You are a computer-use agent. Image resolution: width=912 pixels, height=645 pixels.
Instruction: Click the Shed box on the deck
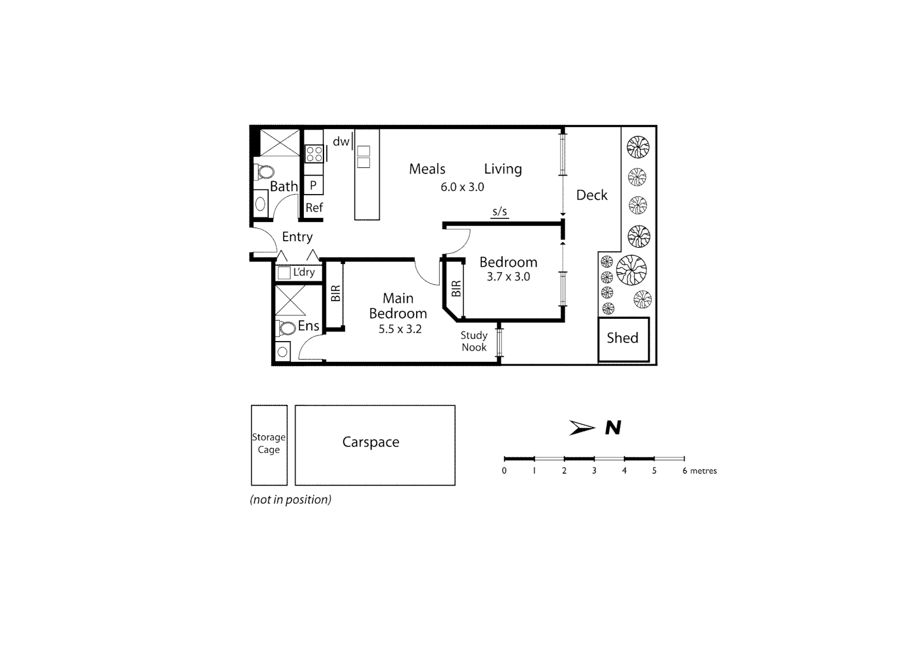click(623, 339)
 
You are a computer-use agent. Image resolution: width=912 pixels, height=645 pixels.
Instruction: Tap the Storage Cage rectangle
click(269, 445)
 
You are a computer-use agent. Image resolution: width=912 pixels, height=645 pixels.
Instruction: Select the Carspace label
click(371, 443)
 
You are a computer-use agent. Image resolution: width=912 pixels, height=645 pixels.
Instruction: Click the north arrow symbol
click(582, 428)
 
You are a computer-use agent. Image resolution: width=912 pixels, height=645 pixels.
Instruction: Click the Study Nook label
click(474, 342)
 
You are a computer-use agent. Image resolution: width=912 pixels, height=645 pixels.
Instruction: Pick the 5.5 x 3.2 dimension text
click(400, 329)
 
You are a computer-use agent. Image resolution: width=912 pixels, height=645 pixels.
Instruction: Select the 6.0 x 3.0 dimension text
click(462, 187)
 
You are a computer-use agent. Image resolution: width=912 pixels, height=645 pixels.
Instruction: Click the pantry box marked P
click(313, 186)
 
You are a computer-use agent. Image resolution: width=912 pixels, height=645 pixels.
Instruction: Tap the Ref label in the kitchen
click(314, 208)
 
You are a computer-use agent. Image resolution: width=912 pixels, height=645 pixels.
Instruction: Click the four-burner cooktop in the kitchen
click(314, 153)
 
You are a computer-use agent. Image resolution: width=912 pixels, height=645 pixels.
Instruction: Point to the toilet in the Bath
click(264, 173)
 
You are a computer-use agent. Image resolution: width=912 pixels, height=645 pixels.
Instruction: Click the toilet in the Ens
click(286, 328)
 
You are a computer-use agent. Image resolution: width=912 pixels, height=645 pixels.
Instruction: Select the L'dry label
click(304, 272)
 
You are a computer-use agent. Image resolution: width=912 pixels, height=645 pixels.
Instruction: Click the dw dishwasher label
click(341, 142)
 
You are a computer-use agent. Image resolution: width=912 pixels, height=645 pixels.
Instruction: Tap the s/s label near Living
click(500, 211)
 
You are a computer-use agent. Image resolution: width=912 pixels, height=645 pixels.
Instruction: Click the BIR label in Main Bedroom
click(335, 293)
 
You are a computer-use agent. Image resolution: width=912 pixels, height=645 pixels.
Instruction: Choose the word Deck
click(591, 195)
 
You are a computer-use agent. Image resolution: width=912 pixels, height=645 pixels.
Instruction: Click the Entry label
click(297, 237)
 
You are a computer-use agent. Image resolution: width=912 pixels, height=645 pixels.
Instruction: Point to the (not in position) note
click(291, 500)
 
